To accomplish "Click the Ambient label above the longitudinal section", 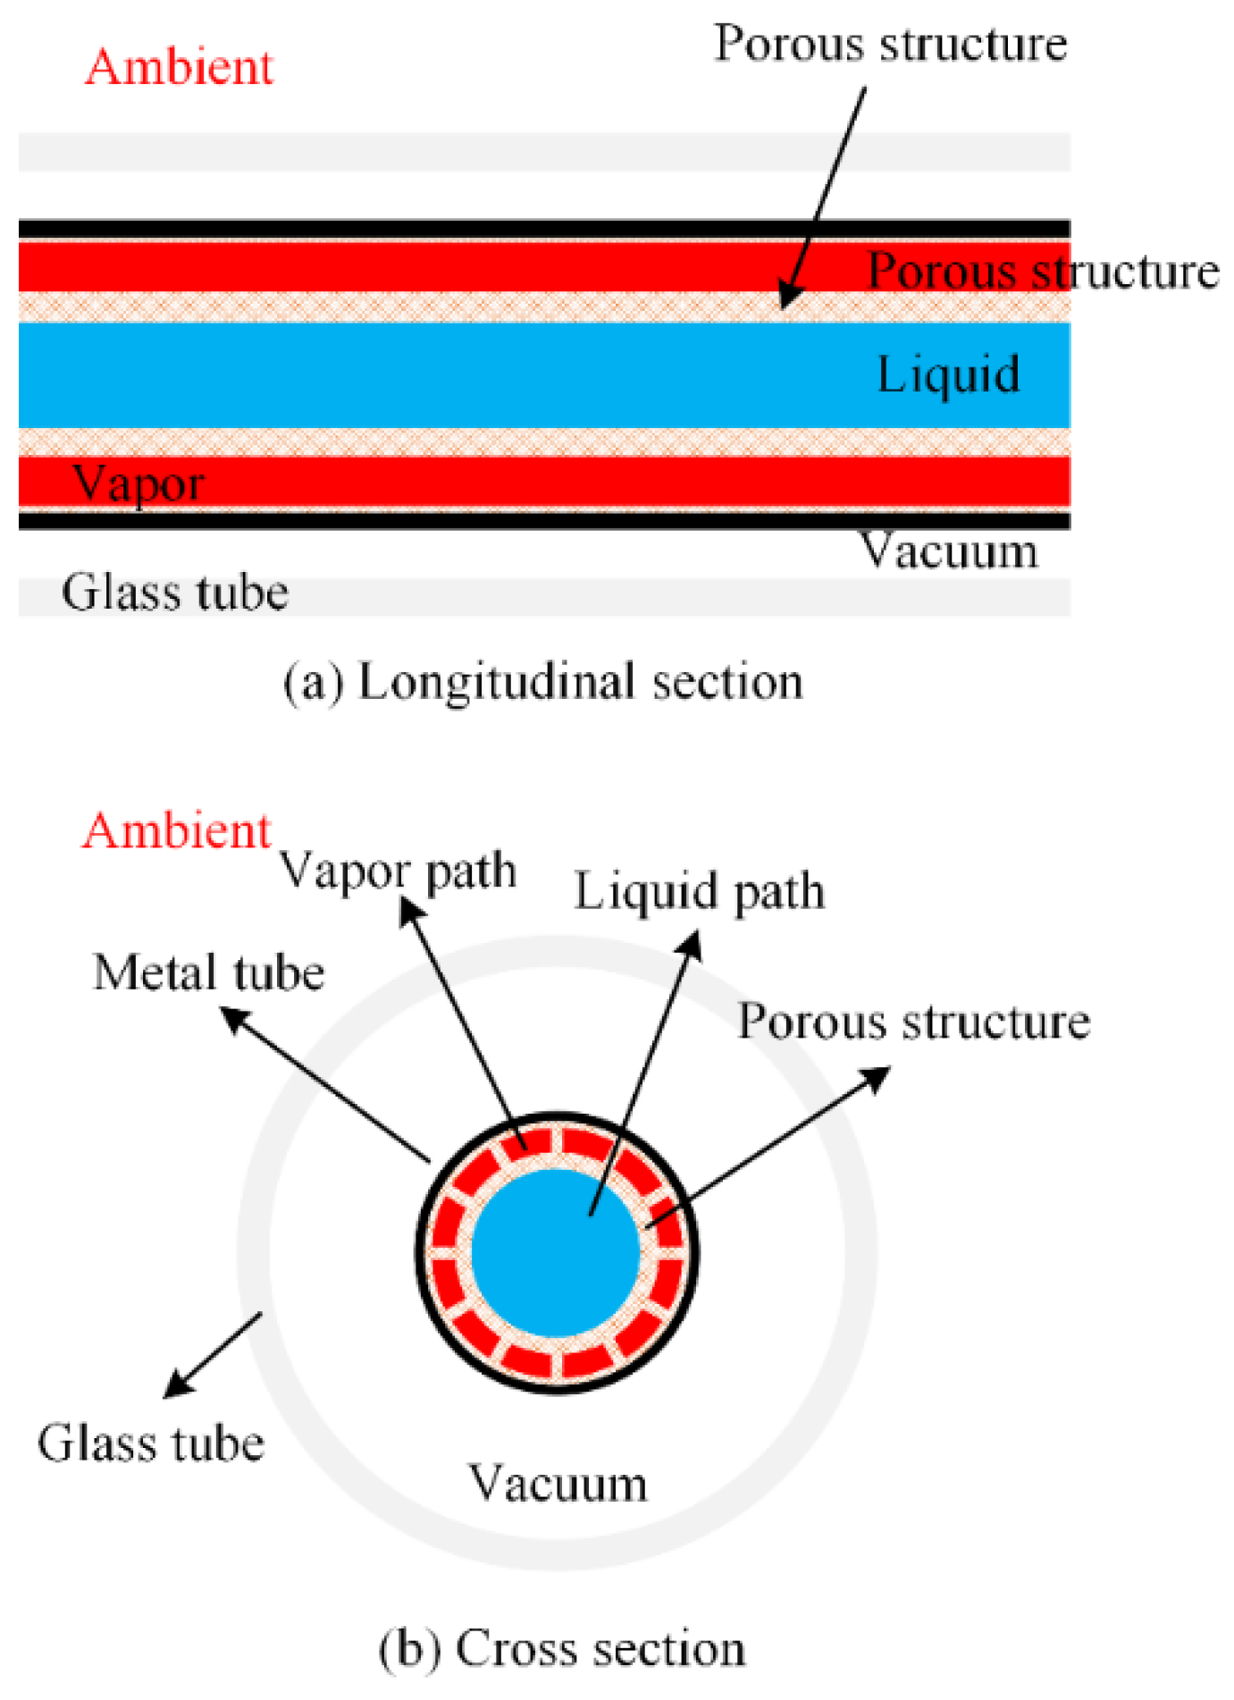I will (179, 68).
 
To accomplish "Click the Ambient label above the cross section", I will (177, 831).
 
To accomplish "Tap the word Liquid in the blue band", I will (948, 375).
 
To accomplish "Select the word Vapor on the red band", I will (139, 484).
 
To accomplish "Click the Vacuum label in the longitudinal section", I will (949, 551).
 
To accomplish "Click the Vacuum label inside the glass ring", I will (558, 1485).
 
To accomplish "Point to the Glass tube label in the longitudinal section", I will (175, 593).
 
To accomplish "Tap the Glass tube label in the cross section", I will (151, 1444).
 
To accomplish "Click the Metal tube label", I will (208, 973).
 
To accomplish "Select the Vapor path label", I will (399, 871).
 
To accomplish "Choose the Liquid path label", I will (699, 893).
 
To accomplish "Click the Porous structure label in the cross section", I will (913, 1022).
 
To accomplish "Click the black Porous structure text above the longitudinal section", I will (890, 45).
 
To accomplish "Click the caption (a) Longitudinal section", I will (543, 683).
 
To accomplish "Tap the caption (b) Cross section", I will (562, 1649).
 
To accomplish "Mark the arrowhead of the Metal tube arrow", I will (234, 1018).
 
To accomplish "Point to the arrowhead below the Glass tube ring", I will (177, 1386).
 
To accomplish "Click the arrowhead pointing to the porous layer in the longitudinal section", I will (787, 296).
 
